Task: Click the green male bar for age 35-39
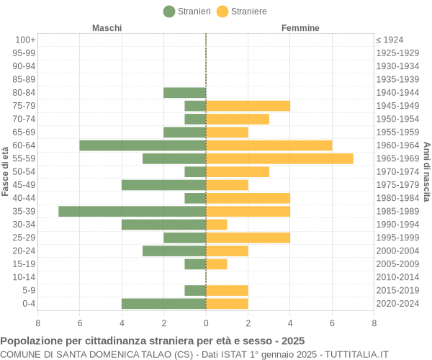[x=132, y=211]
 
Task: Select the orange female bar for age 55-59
[x=279, y=158]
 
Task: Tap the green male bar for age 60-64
[x=143, y=145]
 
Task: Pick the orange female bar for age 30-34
[x=217, y=225]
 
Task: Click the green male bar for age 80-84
[x=184, y=92]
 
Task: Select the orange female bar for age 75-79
[x=248, y=106]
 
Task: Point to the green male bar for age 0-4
[x=163, y=303]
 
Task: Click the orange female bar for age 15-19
[x=217, y=264]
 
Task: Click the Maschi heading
[x=107, y=28]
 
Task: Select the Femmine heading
[x=300, y=28]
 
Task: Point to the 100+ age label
[x=24, y=40]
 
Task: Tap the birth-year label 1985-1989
[x=397, y=211]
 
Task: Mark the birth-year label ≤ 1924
[x=390, y=40]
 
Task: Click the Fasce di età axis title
[x=6, y=171]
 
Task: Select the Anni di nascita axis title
[x=426, y=171]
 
